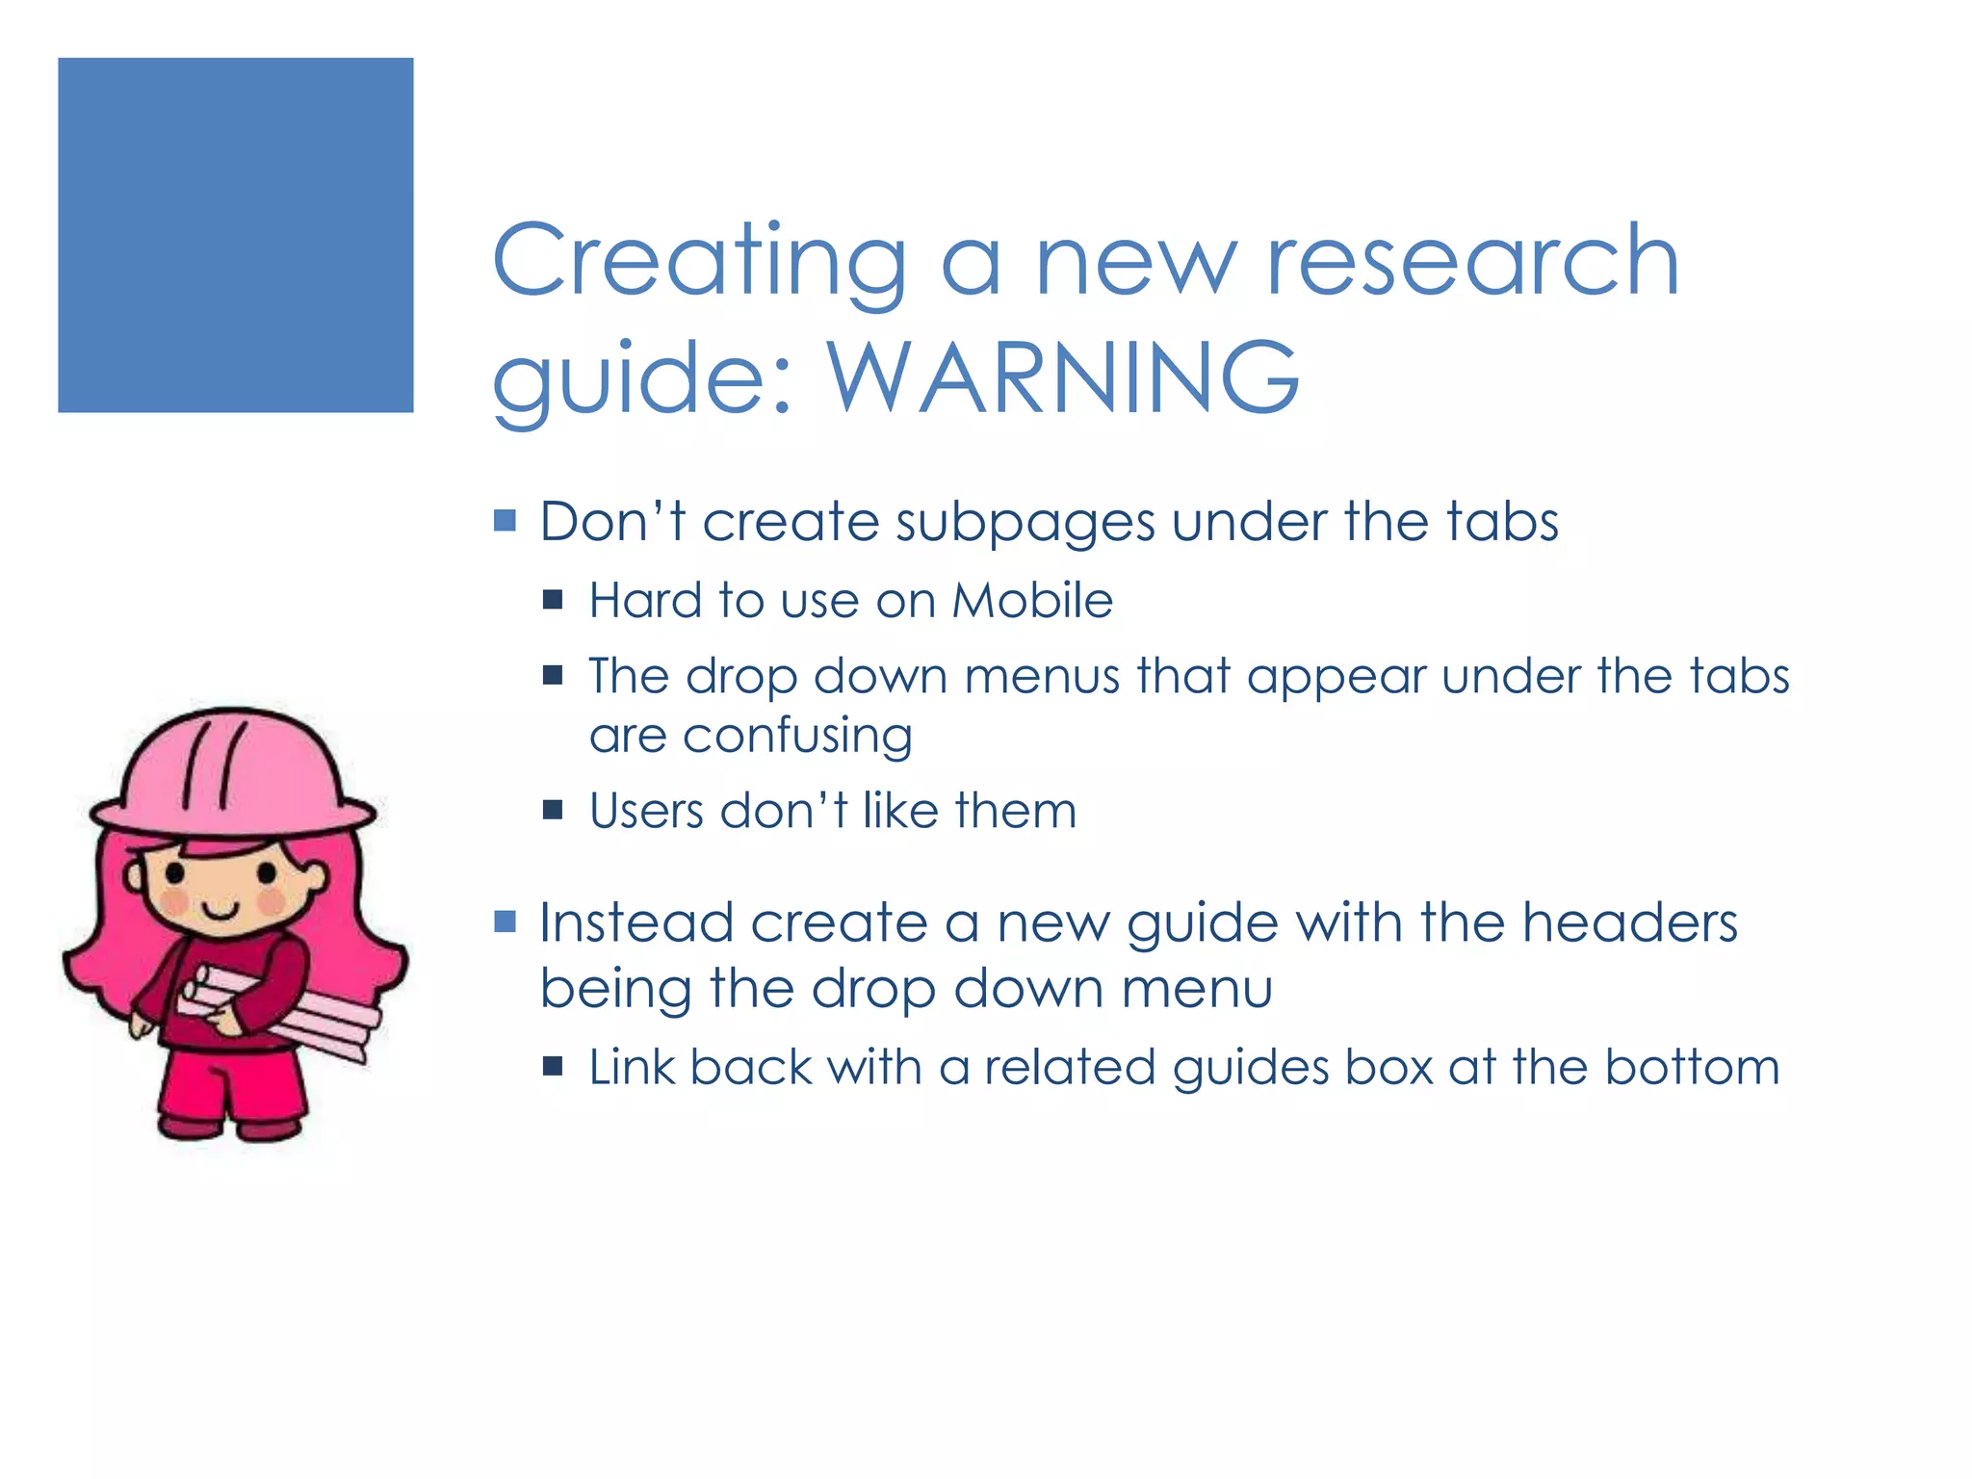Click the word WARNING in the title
point(1063,377)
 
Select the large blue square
point(236,235)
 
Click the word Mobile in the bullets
point(1032,601)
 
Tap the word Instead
point(636,922)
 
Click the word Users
point(647,811)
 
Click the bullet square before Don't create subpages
point(505,521)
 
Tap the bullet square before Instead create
point(505,922)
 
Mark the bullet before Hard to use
point(553,601)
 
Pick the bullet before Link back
point(553,1066)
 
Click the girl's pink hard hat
point(231,770)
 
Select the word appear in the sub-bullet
point(1336,677)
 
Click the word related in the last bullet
point(1069,1068)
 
